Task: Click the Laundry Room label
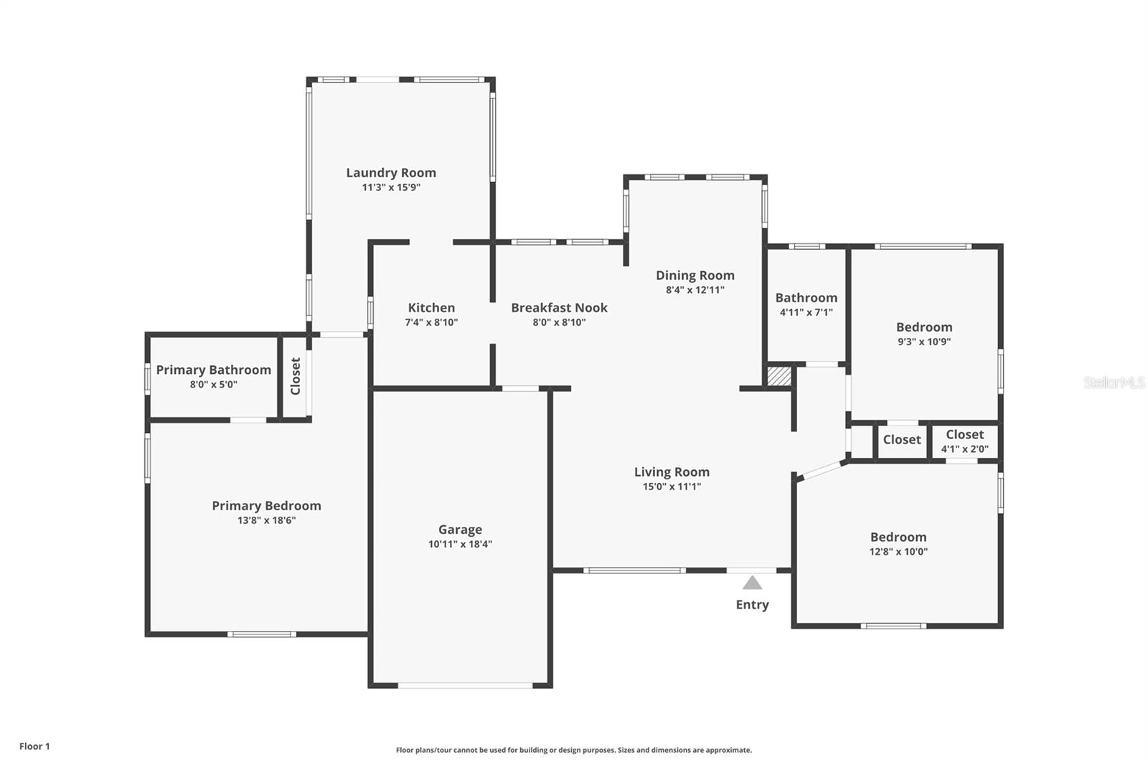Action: coord(391,173)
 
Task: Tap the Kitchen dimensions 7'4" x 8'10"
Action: coord(431,322)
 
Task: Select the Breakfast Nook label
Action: coord(559,308)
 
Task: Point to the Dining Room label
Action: coord(695,276)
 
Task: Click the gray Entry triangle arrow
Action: coord(752,583)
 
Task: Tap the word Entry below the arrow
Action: coord(753,604)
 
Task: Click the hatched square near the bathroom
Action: coord(779,376)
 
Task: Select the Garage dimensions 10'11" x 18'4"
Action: coord(460,544)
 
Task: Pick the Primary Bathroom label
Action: coord(214,370)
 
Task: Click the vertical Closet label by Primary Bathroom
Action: coord(295,376)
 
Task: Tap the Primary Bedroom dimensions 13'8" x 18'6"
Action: coord(266,520)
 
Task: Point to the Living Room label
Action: coord(672,471)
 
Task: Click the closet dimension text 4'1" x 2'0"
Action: coord(965,449)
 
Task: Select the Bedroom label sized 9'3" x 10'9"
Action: coord(924,327)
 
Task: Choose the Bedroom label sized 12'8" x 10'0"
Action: coord(898,537)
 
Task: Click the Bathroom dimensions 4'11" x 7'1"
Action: coord(806,312)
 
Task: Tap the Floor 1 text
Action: coord(35,746)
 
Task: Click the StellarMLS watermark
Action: coord(1114,382)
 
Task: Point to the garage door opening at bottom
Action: coord(466,685)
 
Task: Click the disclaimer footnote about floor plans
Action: coord(574,750)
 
